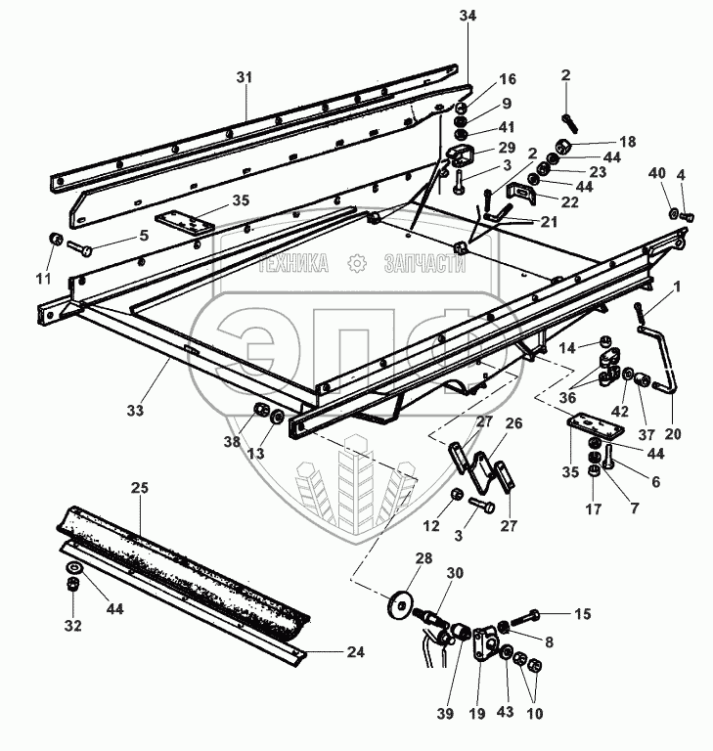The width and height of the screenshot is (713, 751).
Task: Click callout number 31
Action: point(245,77)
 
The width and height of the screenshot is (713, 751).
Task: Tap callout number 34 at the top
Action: point(468,16)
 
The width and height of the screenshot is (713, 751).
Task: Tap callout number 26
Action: point(514,423)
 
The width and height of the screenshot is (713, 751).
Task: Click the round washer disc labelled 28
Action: point(400,602)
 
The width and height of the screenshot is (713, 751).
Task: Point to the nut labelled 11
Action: point(56,240)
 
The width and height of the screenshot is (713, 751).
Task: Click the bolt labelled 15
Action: point(526,617)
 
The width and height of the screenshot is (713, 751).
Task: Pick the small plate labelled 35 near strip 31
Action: point(185,222)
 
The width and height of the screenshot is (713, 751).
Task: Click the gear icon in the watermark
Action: point(358,262)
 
